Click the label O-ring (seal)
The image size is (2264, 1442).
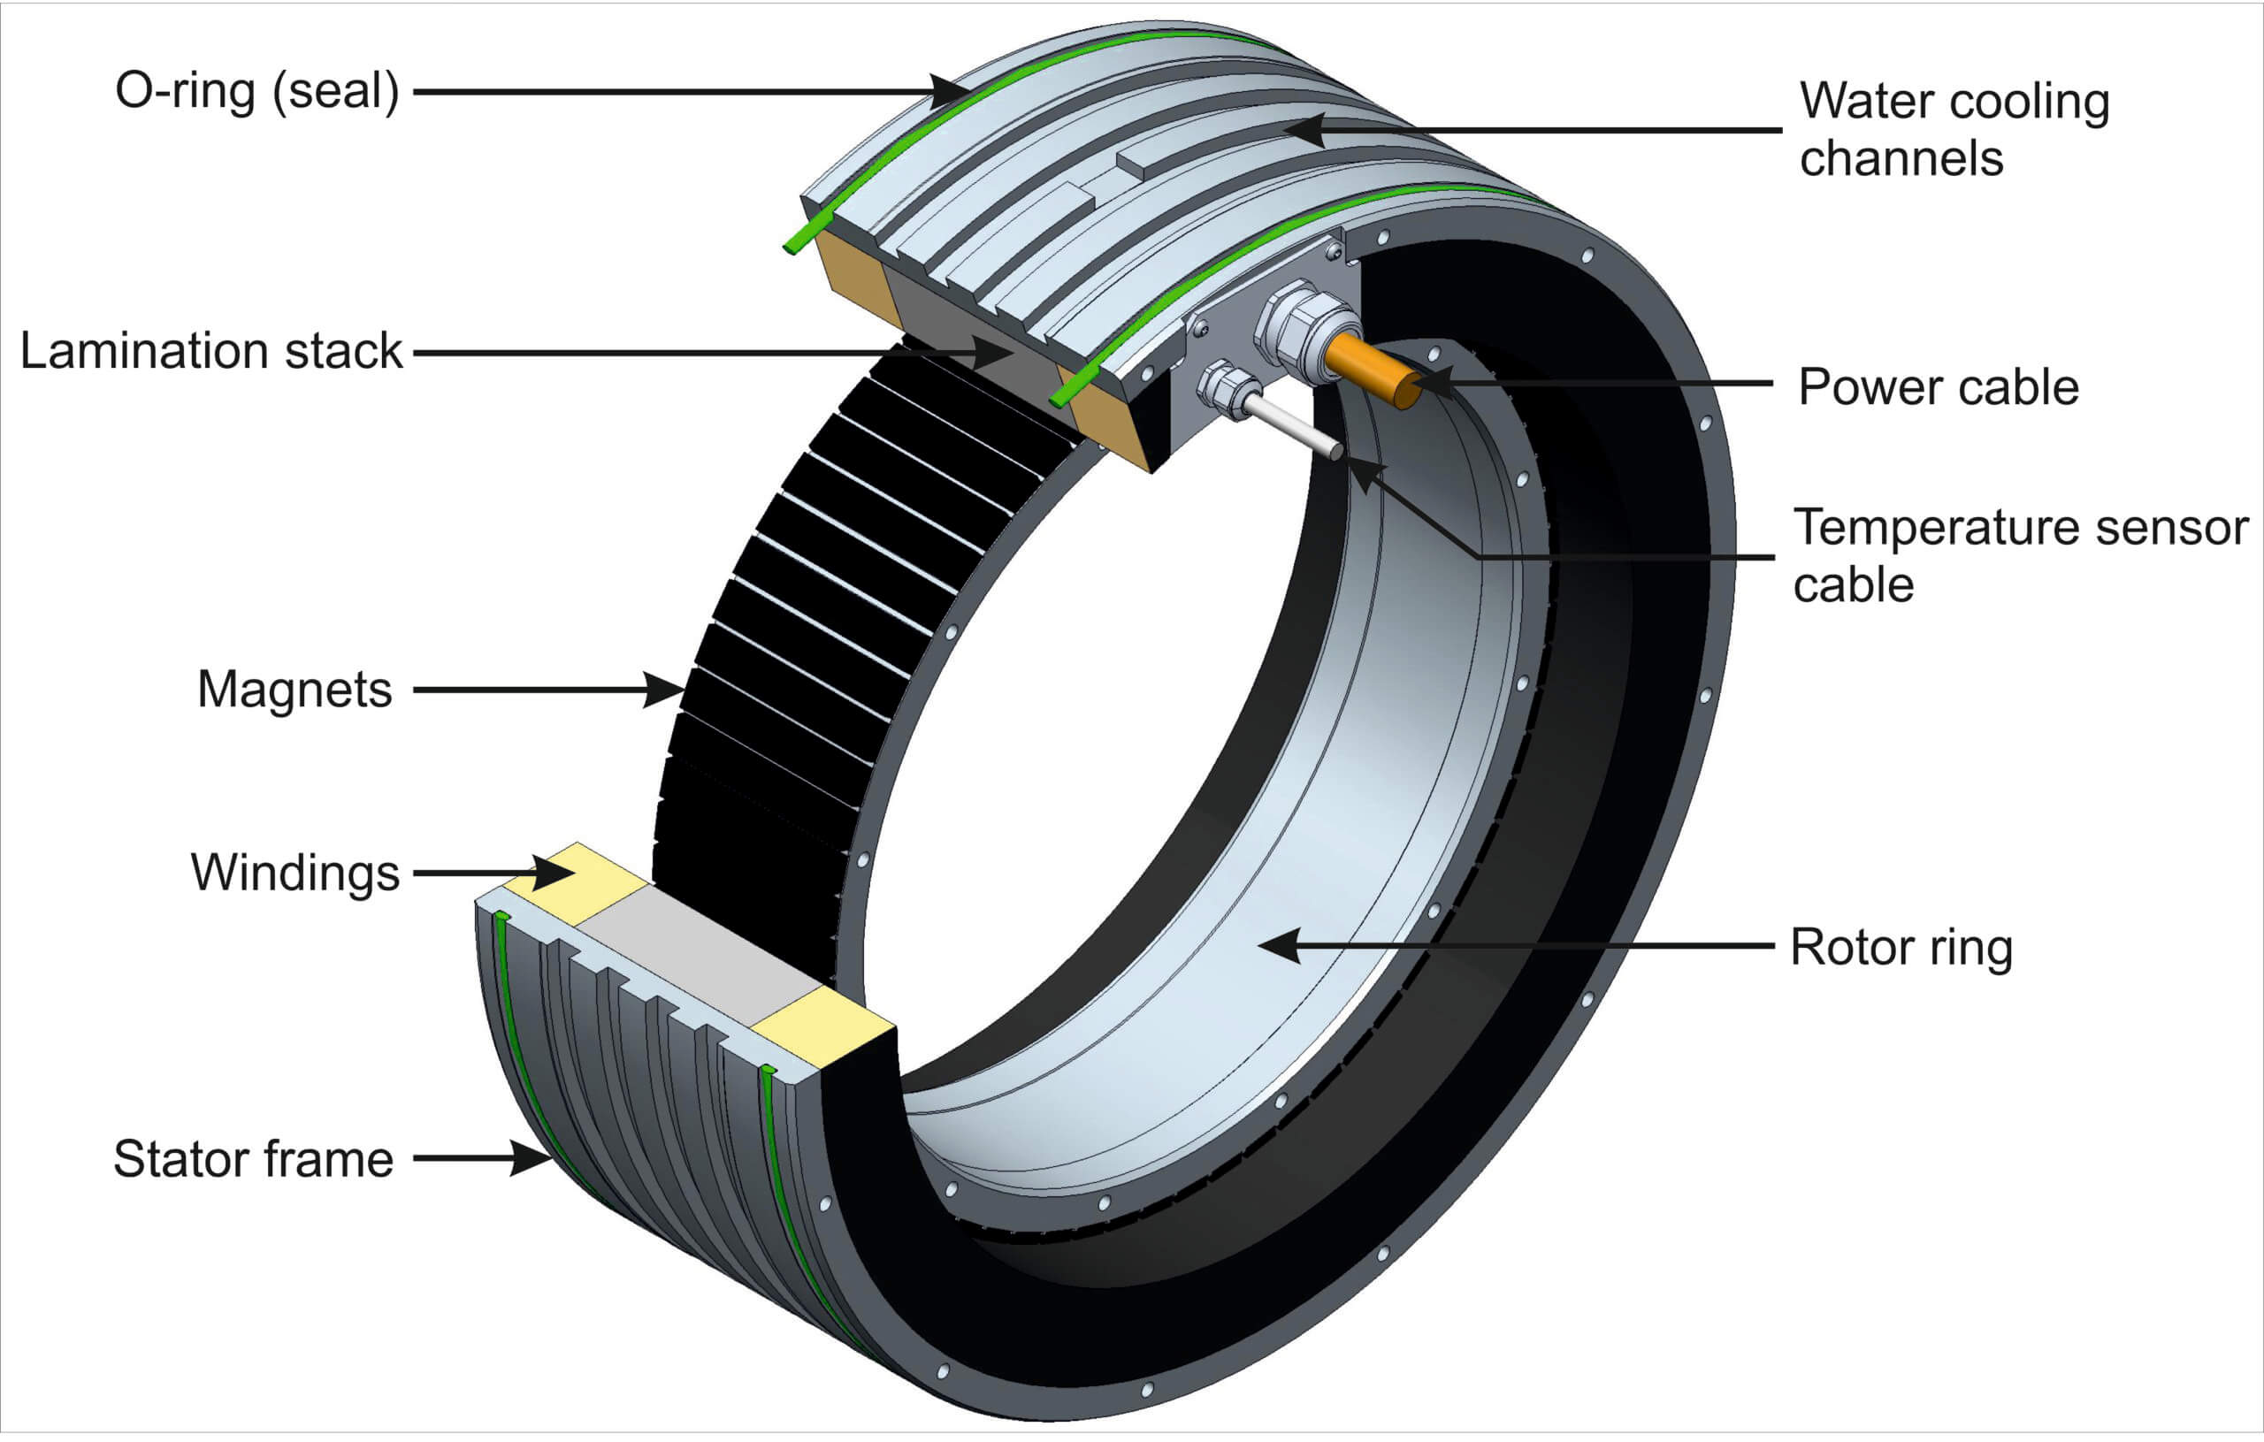click(256, 92)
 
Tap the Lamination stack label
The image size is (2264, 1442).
click(210, 352)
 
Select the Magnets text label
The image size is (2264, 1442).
click(294, 689)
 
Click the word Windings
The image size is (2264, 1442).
click(295, 873)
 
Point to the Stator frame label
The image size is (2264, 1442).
click(253, 1158)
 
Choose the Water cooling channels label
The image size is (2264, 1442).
click(1954, 129)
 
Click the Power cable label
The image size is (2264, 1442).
click(1938, 386)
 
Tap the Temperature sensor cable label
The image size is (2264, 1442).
click(2020, 555)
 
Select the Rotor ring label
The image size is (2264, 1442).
click(1901, 947)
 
